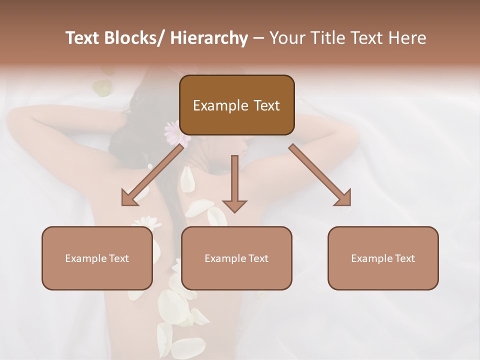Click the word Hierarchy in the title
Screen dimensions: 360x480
[209, 38]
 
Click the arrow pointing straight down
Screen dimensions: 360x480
[234, 182]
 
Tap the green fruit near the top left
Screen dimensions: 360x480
[102, 88]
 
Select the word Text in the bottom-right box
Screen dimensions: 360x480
[405, 258]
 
